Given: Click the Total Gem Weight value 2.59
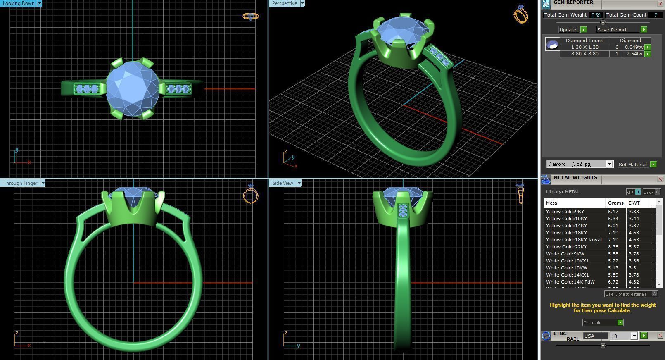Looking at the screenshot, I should click(x=596, y=15).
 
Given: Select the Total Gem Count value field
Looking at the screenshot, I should click(x=655, y=15).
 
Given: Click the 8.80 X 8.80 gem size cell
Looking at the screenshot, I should click(x=584, y=54).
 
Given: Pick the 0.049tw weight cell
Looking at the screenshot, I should click(x=634, y=47).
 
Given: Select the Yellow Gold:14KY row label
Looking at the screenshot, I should click(x=566, y=226).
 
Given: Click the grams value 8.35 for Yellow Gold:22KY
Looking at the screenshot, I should click(x=613, y=247).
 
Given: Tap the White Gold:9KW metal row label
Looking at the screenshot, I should click(x=565, y=254).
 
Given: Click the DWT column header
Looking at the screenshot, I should click(x=634, y=203).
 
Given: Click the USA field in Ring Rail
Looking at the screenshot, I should click(x=595, y=336).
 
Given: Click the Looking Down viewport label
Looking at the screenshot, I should click(x=19, y=3).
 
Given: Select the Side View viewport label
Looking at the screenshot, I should click(x=283, y=183).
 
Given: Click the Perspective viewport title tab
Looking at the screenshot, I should click(x=284, y=3).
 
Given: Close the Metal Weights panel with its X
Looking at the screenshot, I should click(x=660, y=179).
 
